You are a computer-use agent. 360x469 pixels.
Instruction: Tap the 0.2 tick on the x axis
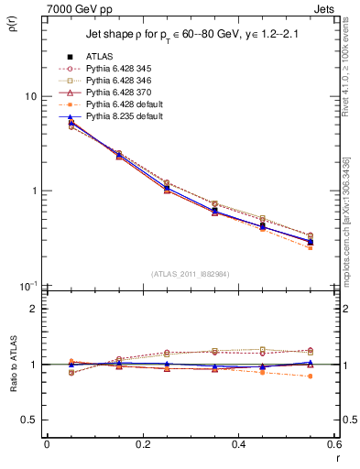[142, 444]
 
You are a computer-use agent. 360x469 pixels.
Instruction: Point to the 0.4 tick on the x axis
[238, 444]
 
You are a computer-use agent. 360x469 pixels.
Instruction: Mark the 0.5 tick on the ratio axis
[29, 420]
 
